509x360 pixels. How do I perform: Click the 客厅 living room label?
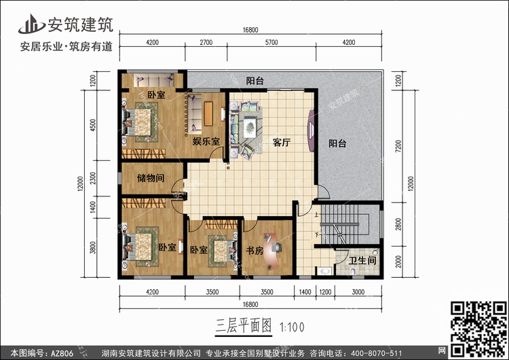[x=281, y=143]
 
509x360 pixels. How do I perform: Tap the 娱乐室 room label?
[x=206, y=141]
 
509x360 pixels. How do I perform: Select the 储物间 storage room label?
[x=151, y=178]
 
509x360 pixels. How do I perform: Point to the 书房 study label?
[x=254, y=251]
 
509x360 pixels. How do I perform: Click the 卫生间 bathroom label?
[x=362, y=261]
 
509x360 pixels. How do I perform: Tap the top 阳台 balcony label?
[x=254, y=81]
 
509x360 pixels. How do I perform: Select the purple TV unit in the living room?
[x=311, y=130]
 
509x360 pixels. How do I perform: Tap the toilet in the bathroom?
[x=352, y=271]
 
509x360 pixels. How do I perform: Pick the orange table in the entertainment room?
[x=208, y=113]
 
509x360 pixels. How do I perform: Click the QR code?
[x=478, y=328]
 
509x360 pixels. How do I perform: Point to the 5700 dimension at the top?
[x=271, y=42]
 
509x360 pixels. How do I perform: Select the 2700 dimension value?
[x=206, y=42]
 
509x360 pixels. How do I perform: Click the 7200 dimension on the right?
[x=398, y=145]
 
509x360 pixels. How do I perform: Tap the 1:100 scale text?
[x=292, y=327]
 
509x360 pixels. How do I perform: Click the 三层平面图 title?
[x=243, y=326]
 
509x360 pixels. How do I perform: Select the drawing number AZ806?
[x=62, y=353]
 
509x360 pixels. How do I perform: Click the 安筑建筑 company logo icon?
[x=31, y=24]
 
